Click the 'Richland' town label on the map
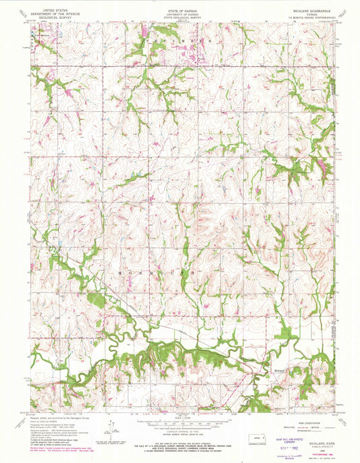point(280,369)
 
